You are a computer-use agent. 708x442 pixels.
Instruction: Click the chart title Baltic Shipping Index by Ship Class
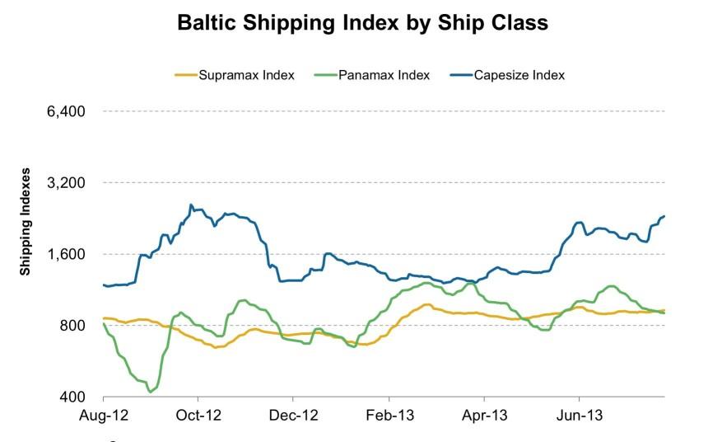[x=363, y=23]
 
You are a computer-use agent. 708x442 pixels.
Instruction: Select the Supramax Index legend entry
[x=235, y=76]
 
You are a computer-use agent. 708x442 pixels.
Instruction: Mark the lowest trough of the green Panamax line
[x=150, y=392]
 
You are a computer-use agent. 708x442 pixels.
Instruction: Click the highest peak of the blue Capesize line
[x=191, y=205]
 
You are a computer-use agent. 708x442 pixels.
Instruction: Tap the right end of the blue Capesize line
[x=664, y=216]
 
